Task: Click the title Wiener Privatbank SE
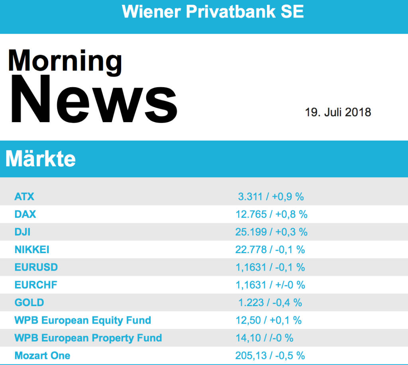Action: (213, 12)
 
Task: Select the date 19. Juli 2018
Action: (338, 112)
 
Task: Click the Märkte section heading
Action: (40, 159)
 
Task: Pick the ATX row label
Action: (24, 197)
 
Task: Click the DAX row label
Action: (25, 214)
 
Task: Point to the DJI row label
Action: (22, 232)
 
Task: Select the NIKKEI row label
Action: (32, 250)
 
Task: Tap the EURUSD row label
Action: (36, 267)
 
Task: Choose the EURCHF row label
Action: (36, 285)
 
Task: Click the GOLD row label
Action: (29, 303)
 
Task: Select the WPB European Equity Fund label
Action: (82, 320)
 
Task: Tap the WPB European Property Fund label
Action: (88, 338)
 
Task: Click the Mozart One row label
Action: (42, 355)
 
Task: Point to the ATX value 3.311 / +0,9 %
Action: (271, 197)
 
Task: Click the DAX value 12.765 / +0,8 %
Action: (271, 214)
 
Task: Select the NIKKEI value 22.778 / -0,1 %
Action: (270, 250)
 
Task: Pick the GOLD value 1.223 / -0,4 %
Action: (270, 303)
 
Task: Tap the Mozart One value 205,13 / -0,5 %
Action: (270, 355)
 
